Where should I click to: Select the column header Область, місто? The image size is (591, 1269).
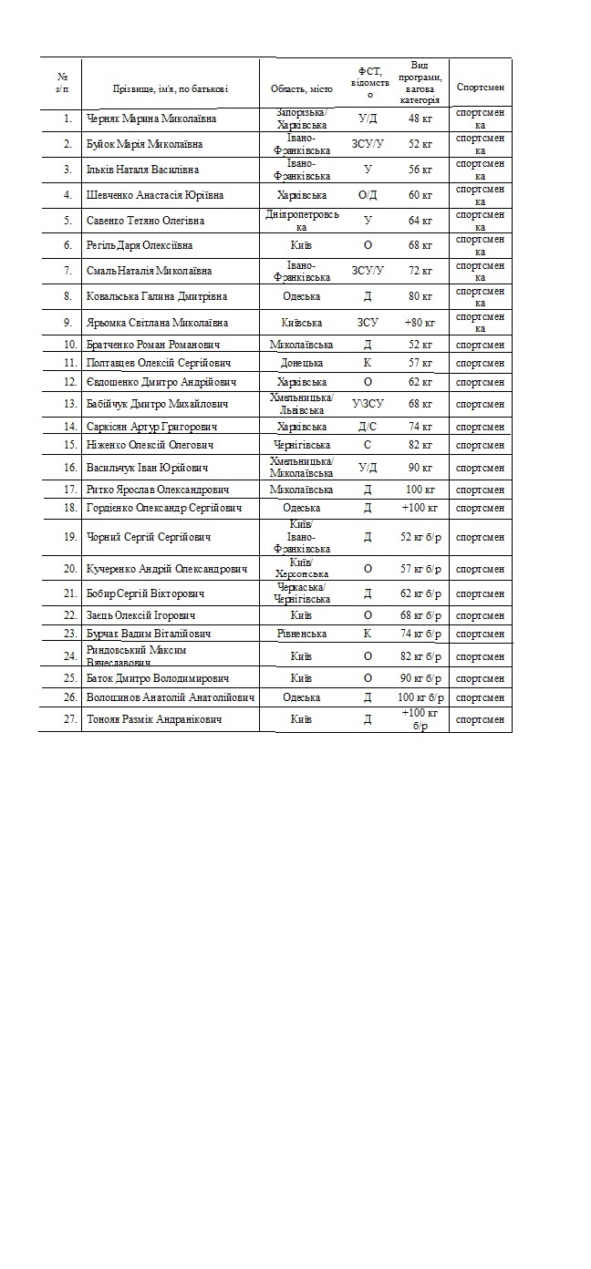(x=302, y=88)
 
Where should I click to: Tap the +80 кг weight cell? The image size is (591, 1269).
(x=420, y=323)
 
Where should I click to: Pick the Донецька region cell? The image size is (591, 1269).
(x=302, y=363)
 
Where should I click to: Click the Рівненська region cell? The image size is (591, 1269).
(x=302, y=634)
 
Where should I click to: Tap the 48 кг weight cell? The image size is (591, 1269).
(x=420, y=119)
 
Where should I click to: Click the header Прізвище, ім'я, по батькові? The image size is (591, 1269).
(x=171, y=88)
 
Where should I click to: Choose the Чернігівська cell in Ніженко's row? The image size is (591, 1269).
(x=302, y=445)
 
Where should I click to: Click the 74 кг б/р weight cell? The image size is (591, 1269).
(x=420, y=634)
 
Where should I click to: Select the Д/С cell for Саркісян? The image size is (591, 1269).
(x=368, y=427)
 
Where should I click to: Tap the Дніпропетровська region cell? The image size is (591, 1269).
(x=302, y=221)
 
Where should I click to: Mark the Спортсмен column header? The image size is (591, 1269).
(x=480, y=88)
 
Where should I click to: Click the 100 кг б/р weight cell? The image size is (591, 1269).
(x=420, y=697)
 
